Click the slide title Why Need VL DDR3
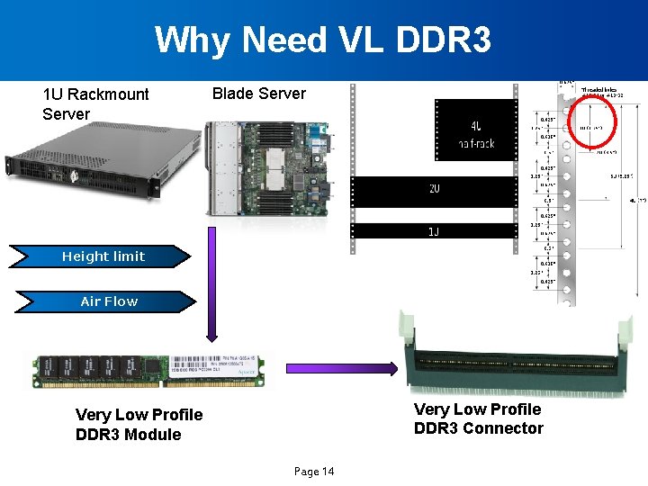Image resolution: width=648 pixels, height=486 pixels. click(x=323, y=40)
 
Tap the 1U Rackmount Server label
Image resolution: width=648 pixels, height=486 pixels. click(x=95, y=103)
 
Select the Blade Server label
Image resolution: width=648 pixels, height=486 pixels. click(x=258, y=94)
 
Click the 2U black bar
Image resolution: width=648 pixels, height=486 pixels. click(x=434, y=190)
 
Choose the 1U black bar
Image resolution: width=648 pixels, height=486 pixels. click(x=434, y=230)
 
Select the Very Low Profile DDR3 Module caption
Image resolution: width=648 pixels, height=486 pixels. click(x=139, y=425)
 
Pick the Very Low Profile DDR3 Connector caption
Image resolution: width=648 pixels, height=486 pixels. click(x=478, y=418)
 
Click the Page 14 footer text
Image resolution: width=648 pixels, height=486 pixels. click(x=314, y=472)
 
